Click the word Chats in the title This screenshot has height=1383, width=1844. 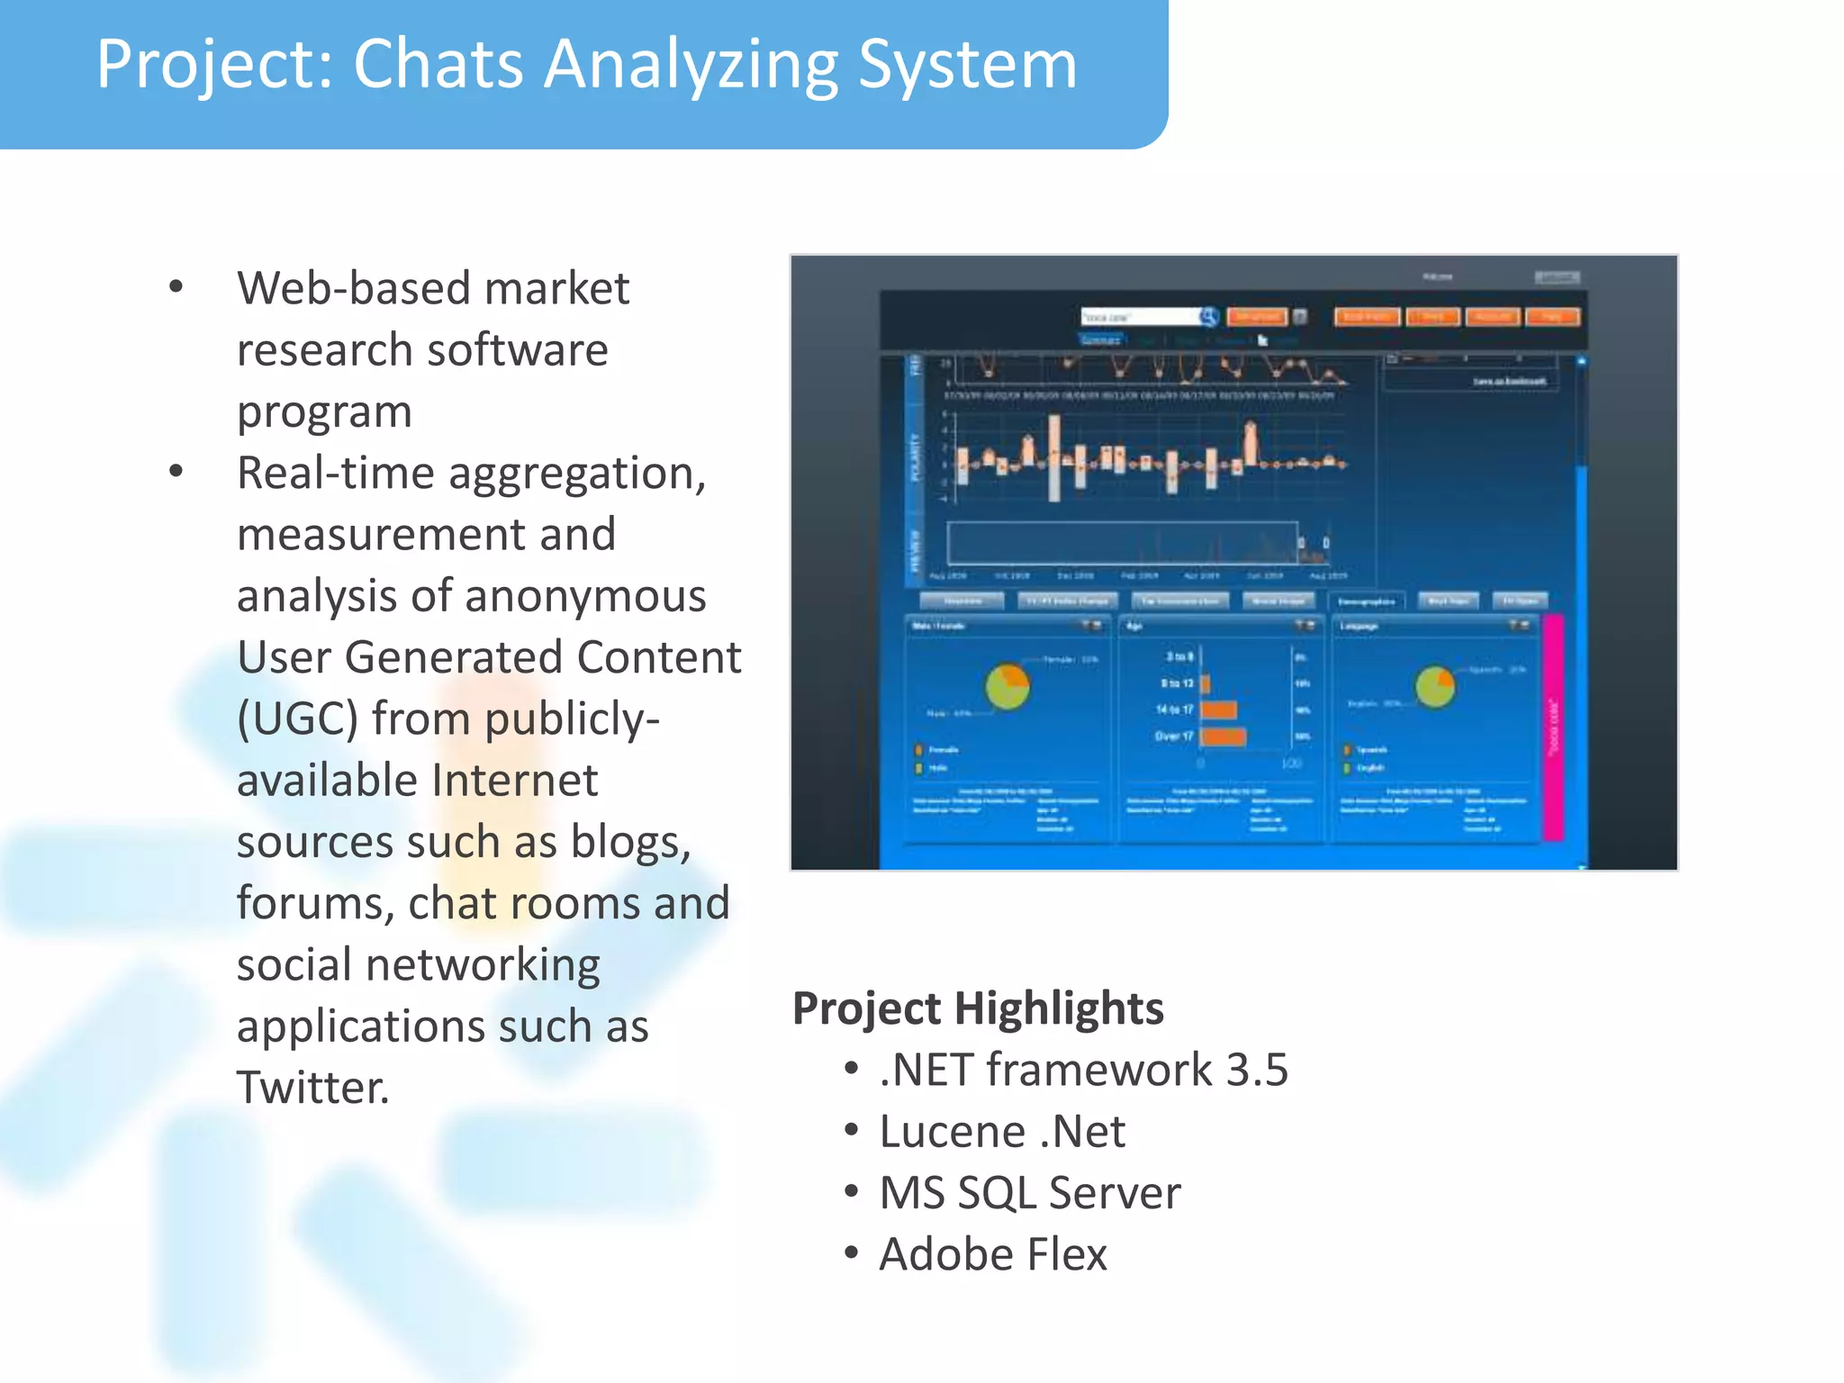pyautogui.click(x=438, y=65)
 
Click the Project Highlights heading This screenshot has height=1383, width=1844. pyautogui.click(x=977, y=1008)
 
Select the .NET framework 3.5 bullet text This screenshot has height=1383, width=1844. pyautogui.click(x=1083, y=1070)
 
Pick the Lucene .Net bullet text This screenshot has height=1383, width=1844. pyautogui.click(x=1001, y=1132)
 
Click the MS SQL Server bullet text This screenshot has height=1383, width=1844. pyautogui.click(x=1029, y=1193)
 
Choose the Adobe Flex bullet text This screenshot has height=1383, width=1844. pyautogui.click(x=992, y=1254)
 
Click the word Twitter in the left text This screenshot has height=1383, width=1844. pyautogui.click(x=312, y=1088)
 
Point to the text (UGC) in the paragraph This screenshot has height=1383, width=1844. pyautogui.click(x=297, y=719)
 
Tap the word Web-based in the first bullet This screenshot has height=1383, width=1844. pyautogui.click(x=353, y=289)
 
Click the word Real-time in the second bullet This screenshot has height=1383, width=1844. pyautogui.click(x=335, y=474)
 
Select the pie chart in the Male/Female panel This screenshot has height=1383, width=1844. pyautogui.click(x=1008, y=687)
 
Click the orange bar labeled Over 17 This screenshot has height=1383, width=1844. pyautogui.click(x=1224, y=737)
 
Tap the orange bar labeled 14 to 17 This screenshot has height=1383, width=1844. pyautogui.click(x=1218, y=710)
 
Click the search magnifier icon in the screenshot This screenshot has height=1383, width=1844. pyautogui.click(x=1209, y=316)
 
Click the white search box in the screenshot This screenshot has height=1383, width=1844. pyautogui.click(x=1140, y=317)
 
